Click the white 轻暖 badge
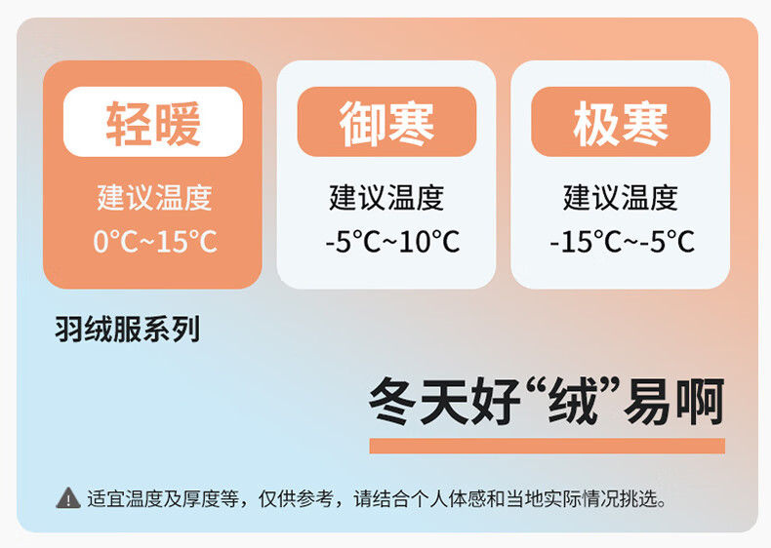pos(153,122)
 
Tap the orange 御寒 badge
pos(387,122)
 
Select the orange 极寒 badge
pos(621,122)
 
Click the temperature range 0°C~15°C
pos(155,241)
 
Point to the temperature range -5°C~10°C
pos(392,241)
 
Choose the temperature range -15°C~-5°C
pos(623,241)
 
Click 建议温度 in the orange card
pos(154,198)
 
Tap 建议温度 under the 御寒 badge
pos(387,198)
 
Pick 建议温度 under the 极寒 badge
pos(621,198)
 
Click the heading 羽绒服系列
pos(128,329)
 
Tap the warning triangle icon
pos(68,498)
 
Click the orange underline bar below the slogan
pos(548,446)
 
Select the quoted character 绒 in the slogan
pos(572,402)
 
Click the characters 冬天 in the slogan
pos(420,402)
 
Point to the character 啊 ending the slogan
pos(701,402)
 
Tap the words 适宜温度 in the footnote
pos(125,499)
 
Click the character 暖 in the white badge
pos(177,124)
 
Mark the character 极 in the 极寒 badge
pos(596,124)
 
